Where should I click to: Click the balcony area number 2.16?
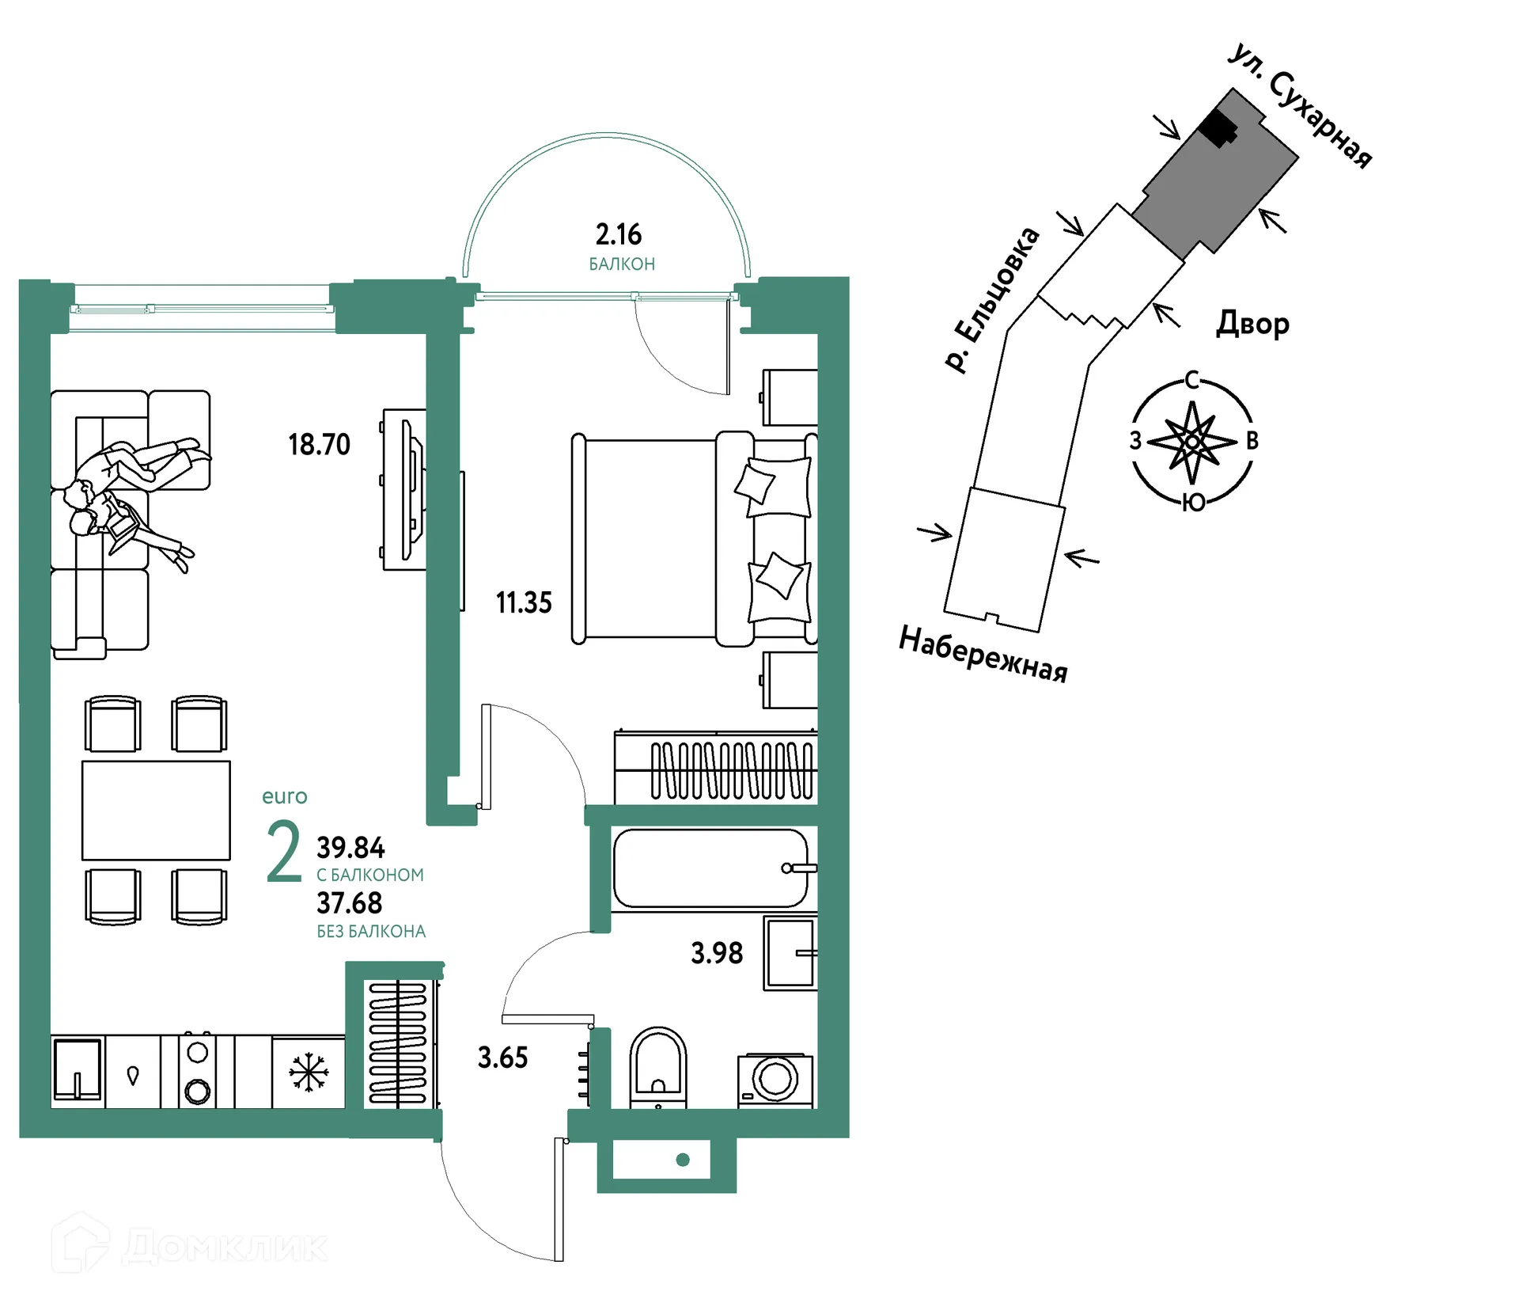tap(618, 234)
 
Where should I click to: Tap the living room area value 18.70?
tap(319, 445)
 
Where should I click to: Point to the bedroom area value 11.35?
tap(524, 603)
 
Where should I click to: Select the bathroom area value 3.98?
tap(717, 953)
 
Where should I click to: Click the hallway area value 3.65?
tap(502, 1058)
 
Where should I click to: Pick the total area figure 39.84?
tap(350, 848)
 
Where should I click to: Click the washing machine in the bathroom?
tap(775, 1080)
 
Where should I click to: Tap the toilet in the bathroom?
tap(658, 1068)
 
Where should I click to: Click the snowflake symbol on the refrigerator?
tap(309, 1073)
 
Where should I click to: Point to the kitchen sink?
tap(78, 1070)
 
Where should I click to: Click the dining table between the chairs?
tap(156, 811)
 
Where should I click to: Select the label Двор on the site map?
tap(1252, 323)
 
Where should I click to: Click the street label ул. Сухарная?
tap(1300, 107)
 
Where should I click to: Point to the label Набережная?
tap(983, 654)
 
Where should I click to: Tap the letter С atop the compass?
tap(1192, 381)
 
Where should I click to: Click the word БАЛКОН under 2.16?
tap(622, 264)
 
